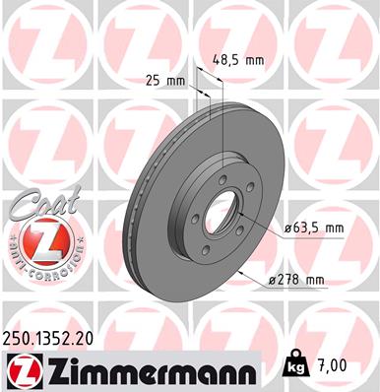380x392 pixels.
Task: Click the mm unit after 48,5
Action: (x=255, y=60)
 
